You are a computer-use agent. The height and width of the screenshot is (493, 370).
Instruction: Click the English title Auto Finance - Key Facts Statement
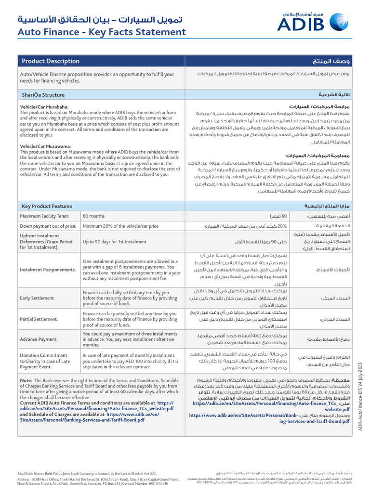coord(102,32)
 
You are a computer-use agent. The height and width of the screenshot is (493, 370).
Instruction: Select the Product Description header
coord(51,61)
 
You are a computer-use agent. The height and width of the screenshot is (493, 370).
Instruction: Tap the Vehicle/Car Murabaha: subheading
coord(44,106)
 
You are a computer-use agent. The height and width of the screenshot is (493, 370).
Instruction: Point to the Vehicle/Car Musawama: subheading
coord(45,146)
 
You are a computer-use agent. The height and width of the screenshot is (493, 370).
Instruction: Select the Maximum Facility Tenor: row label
coord(47,216)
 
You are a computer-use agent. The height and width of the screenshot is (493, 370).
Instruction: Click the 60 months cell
coord(93,216)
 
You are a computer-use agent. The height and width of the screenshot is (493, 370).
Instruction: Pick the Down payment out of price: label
coord(48,226)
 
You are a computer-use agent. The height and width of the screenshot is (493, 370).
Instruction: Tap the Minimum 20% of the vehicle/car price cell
coord(120,226)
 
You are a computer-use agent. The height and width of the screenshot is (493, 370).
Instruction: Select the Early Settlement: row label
coord(38,298)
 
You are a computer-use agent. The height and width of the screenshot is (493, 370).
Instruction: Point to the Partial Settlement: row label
coord(39,319)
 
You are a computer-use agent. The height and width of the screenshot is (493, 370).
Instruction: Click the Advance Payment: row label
coord(39,339)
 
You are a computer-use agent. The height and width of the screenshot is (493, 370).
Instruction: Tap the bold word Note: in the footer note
coord(26,381)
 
